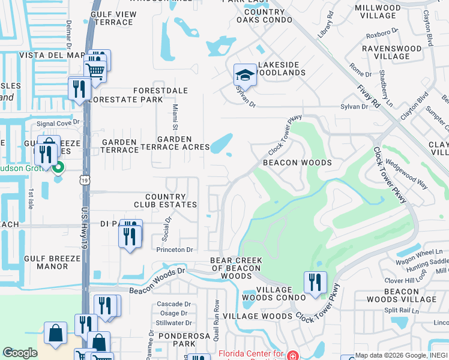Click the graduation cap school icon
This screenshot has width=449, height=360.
point(244,75)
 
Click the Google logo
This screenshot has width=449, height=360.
point(20,353)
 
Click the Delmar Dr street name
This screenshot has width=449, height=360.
point(69,34)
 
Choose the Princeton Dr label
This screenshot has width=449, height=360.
point(174,250)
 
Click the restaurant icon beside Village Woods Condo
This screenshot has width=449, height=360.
point(315,283)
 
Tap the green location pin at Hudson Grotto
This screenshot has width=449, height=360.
point(58,167)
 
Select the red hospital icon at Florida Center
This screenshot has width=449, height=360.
point(292,355)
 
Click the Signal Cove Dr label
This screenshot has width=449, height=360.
point(58,124)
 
